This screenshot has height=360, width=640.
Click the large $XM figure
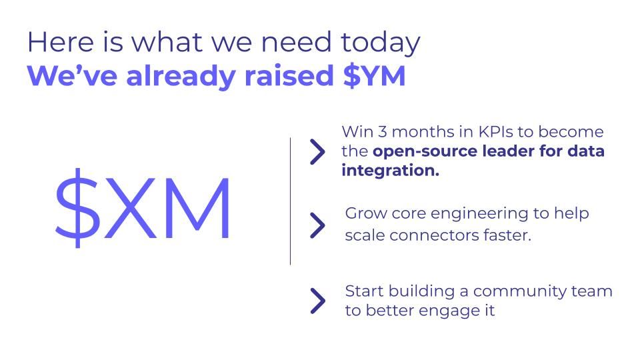coord(143,207)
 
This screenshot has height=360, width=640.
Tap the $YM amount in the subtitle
coord(374,76)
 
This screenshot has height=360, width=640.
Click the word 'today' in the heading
coord(380,43)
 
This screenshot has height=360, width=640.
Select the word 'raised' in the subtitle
coord(289,76)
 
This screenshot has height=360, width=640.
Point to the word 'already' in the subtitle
coord(181,77)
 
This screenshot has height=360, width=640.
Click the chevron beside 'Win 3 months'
coord(317,151)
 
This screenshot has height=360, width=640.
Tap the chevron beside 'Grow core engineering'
coord(317,225)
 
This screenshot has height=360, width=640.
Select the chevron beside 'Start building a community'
coord(317,301)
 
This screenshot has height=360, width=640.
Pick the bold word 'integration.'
coord(390,171)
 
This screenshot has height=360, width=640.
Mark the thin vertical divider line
coord(290,201)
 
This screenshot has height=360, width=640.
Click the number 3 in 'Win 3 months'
coord(382,132)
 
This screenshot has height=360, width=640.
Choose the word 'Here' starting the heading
coord(61,42)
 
